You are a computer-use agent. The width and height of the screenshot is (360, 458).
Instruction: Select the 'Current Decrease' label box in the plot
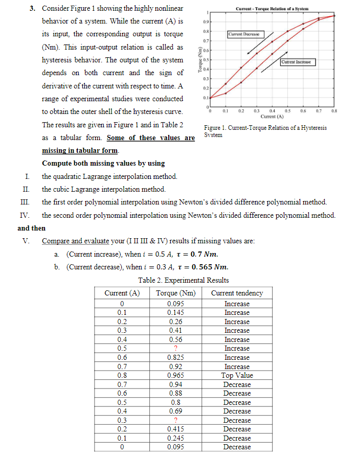click(243, 34)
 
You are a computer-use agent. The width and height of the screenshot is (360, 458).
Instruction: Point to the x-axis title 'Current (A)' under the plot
click(272, 117)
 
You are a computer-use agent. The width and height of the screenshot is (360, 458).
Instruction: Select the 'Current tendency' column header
click(237, 293)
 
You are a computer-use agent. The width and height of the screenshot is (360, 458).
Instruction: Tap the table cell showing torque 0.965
click(176, 375)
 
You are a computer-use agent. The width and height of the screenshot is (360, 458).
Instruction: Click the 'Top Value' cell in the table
click(237, 375)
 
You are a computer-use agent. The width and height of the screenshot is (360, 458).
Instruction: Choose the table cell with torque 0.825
click(176, 357)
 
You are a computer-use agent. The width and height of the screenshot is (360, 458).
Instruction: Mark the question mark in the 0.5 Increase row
click(176, 349)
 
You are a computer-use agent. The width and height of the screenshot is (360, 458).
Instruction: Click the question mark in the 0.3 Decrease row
click(176, 420)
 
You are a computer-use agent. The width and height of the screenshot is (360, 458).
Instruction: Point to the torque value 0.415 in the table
click(176, 429)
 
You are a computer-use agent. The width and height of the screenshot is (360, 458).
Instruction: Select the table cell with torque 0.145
click(176, 312)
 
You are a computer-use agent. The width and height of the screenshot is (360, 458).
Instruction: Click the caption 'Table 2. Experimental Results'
click(183, 280)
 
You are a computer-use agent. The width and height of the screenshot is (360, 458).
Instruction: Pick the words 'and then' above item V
click(31, 228)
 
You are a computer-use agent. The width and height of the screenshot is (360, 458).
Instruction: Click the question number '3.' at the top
click(32, 9)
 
